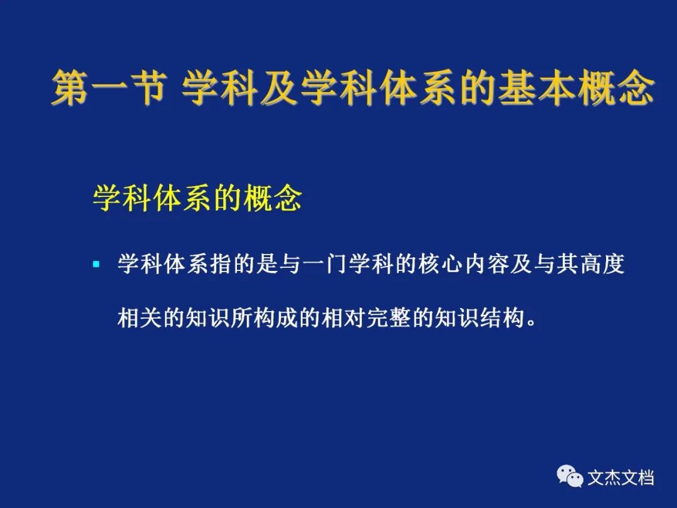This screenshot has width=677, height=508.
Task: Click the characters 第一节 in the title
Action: pos(108,88)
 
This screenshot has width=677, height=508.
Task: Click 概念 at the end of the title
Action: pos(616,88)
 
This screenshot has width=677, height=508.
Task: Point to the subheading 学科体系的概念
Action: pos(197,199)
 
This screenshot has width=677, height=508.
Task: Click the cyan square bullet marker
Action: pos(97,264)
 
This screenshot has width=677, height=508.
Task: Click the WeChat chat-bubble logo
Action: pos(570,476)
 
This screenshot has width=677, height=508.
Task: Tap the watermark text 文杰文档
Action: pos(621,478)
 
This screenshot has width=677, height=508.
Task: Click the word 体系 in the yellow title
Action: pos(418,88)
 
